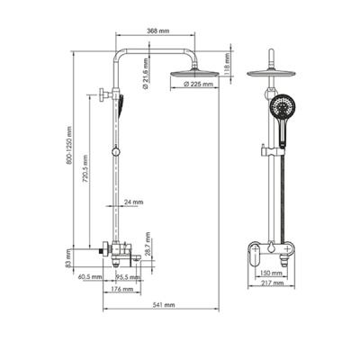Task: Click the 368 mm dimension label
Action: (158, 31)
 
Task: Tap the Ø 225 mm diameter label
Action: (198, 85)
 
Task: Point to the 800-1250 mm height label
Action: (69, 145)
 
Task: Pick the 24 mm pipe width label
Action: (134, 202)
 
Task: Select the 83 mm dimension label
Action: (68, 260)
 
